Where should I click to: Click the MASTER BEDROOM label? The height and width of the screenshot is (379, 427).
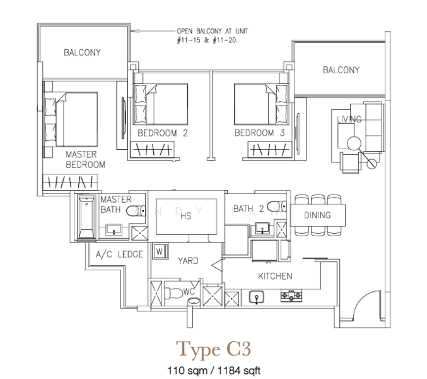[x=85, y=160]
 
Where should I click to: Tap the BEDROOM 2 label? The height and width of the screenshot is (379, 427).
[x=163, y=133]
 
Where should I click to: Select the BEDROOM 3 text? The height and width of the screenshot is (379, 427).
[x=259, y=133]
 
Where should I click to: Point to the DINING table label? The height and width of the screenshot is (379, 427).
[x=317, y=215]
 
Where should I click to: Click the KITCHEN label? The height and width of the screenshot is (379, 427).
[x=275, y=276]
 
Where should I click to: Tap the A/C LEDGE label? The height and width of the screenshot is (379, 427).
[x=119, y=255]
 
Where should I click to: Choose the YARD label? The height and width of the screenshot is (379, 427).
[x=188, y=261]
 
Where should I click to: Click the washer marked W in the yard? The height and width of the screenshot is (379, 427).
[x=160, y=251]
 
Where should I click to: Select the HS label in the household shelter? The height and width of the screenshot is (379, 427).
[x=186, y=216]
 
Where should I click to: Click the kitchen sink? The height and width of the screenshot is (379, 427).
[x=257, y=297]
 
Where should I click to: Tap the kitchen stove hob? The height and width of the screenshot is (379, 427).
[x=291, y=295]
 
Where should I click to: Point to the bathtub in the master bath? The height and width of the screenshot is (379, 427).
[x=86, y=217]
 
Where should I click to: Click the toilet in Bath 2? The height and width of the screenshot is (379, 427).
[x=277, y=207]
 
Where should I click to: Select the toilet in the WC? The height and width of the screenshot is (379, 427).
[x=173, y=293]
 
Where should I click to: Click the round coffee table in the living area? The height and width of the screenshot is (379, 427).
[x=354, y=143]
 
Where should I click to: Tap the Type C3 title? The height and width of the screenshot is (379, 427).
[x=213, y=350]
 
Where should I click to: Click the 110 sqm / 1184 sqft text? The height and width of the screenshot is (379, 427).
[x=214, y=371]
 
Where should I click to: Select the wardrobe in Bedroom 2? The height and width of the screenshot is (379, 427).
[x=153, y=150]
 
